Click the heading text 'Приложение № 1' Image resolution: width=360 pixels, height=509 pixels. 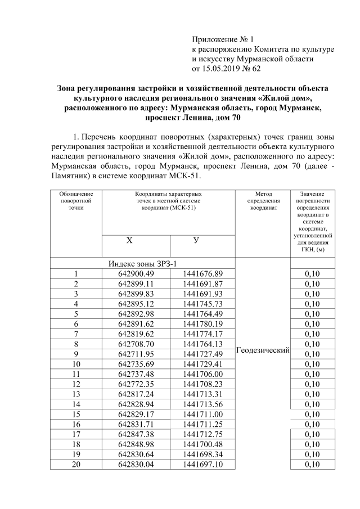223,39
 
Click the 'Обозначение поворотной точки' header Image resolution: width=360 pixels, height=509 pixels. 75,200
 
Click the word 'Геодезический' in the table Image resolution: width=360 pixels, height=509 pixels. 262,350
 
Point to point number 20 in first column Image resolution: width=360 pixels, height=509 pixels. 75,464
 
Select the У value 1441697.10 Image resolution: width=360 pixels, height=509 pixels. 202,464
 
